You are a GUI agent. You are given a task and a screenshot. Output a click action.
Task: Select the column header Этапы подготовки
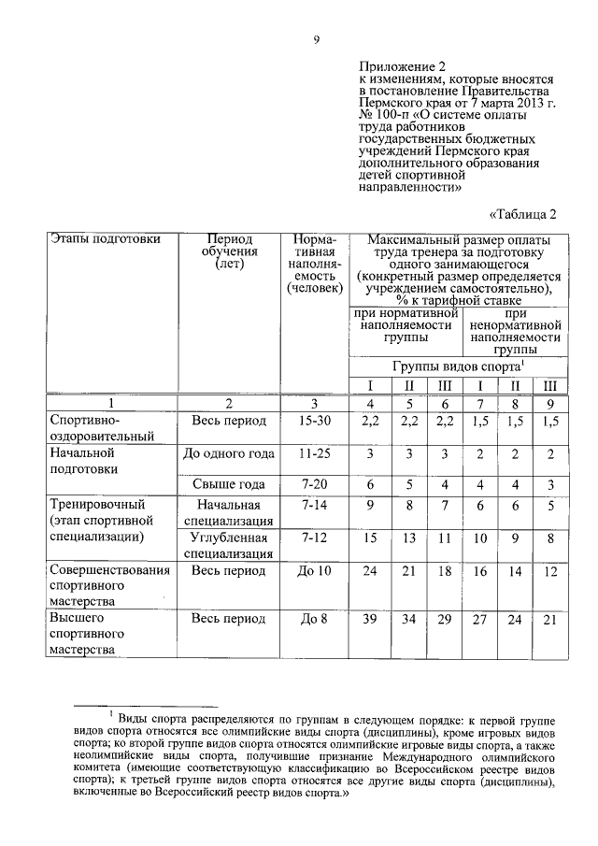[107, 238]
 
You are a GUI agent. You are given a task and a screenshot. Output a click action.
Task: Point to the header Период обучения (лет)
[229, 251]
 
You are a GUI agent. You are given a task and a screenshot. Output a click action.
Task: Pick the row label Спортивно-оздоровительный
[100, 427]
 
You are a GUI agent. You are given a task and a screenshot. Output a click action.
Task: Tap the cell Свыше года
[229, 484]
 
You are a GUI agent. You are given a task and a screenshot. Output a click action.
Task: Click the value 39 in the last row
[369, 619]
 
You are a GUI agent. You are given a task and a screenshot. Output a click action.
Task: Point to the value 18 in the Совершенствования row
[444, 570]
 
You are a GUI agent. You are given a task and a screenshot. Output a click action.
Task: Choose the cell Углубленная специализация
[229, 545]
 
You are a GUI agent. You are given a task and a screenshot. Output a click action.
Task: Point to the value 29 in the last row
[444, 619]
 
